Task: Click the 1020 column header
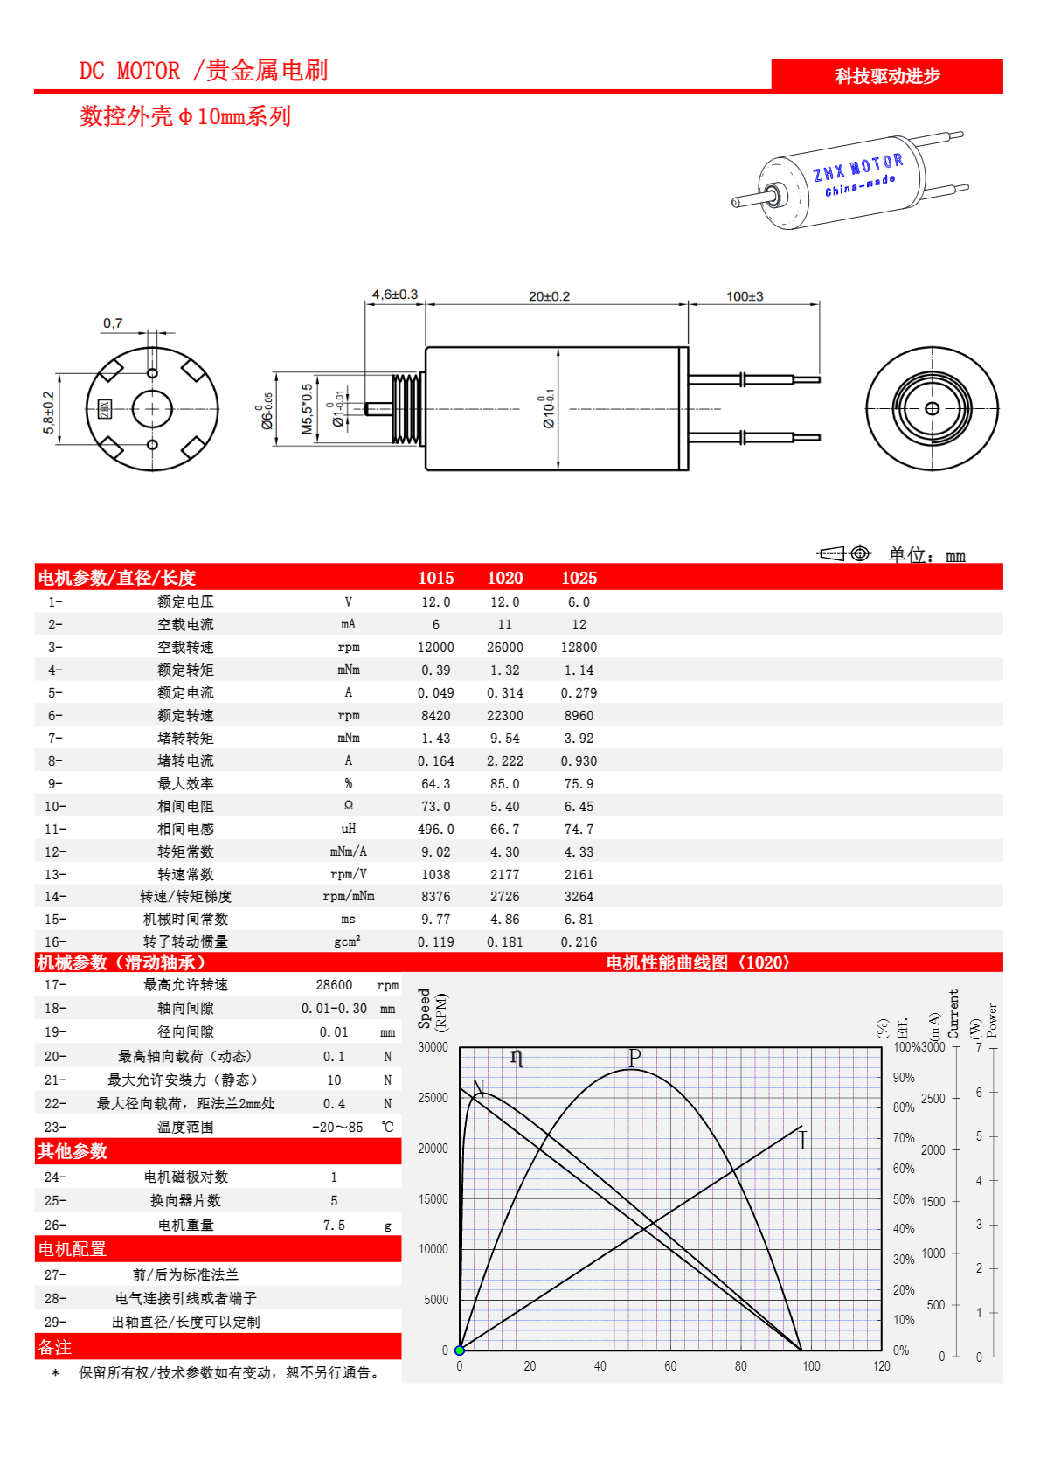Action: click(504, 578)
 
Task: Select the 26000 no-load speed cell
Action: click(504, 648)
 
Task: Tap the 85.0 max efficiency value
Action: click(504, 784)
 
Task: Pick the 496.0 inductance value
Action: click(435, 830)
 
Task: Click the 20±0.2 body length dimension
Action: click(549, 296)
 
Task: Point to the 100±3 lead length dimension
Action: click(745, 296)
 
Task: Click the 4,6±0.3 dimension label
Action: click(395, 295)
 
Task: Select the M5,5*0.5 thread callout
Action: click(307, 409)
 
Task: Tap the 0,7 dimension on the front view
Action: click(113, 323)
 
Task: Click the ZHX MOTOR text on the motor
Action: click(857, 167)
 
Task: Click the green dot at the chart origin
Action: click(460, 1350)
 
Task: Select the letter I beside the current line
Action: click(802, 1140)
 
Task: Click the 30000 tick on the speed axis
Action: click(433, 1047)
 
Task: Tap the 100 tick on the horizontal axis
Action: click(811, 1366)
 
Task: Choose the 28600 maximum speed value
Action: click(334, 985)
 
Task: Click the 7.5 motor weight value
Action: click(334, 1226)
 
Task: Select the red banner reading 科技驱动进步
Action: click(887, 76)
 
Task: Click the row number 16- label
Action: click(55, 942)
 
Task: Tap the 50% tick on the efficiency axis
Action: click(904, 1199)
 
